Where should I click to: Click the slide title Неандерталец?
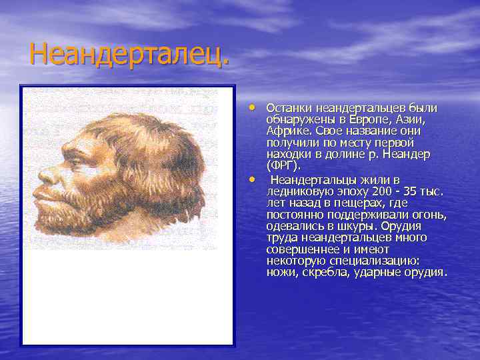click(129, 53)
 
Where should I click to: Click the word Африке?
click(286, 131)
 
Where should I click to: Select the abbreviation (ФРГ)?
click(283, 165)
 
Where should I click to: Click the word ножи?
click(281, 273)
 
